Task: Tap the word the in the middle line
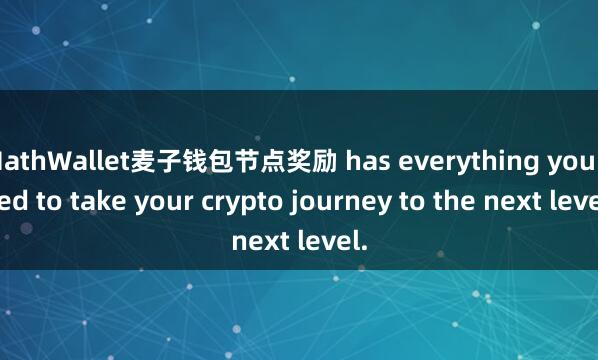[434, 200]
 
